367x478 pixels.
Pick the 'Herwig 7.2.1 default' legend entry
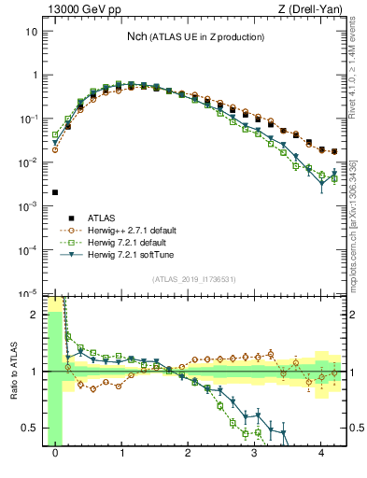(122, 241)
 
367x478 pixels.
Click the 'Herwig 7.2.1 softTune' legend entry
(125, 253)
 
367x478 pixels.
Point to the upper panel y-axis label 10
(32, 31)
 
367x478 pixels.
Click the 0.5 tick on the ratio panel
(30, 429)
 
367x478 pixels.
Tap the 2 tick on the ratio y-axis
(35, 315)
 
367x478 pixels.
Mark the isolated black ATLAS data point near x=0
(55, 192)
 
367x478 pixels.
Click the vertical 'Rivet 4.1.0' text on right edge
(359, 65)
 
